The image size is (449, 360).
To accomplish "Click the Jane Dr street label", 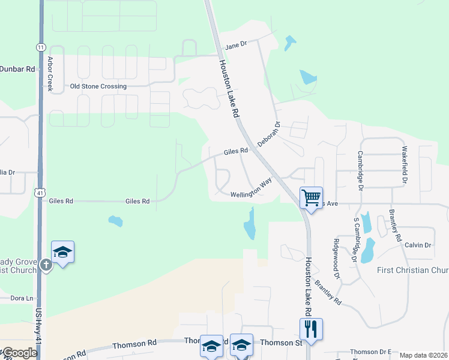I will (x=236, y=46).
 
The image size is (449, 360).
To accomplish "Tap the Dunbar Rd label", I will (x=17, y=69).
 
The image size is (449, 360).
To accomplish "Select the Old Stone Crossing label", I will (x=98, y=86).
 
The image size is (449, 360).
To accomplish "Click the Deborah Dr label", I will (x=269, y=134).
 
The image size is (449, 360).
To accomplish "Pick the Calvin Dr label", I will (x=418, y=245).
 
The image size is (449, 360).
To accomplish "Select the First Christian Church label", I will (x=412, y=270).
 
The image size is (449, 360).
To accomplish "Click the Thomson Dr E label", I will (x=370, y=352).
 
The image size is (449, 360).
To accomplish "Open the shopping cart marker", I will (x=311, y=197).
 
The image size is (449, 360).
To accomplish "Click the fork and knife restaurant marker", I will (x=311, y=329).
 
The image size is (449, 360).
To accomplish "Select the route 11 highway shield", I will (x=40, y=47).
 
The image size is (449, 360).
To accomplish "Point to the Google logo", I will (x=19, y=353).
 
